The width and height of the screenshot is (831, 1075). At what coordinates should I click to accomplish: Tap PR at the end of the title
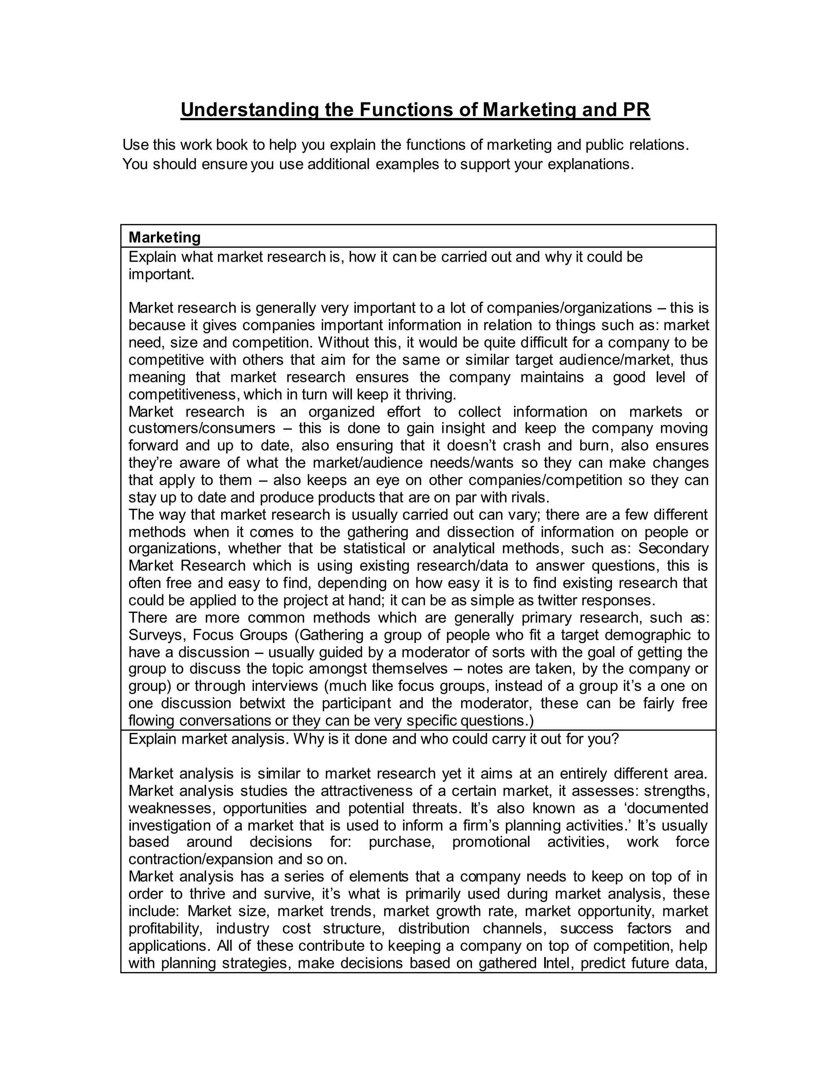click(637, 110)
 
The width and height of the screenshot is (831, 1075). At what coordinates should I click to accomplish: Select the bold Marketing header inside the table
click(164, 237)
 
